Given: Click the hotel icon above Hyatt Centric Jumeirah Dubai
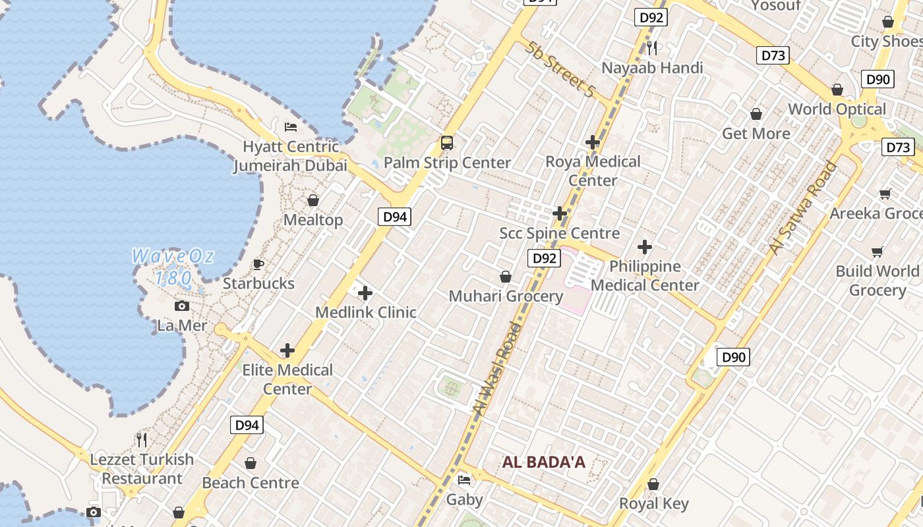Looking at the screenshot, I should (x=291, y=126).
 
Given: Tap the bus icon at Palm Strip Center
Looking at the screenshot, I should (x=447, y=142).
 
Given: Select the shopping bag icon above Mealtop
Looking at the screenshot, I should (x=313, y=200).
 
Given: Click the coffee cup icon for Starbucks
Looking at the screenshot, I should (x=258, y=264).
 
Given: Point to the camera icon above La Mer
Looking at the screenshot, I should (x=182, y=306).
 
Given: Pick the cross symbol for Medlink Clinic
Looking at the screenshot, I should (x=365, y=292).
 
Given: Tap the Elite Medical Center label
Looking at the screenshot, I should (x=287, y=379).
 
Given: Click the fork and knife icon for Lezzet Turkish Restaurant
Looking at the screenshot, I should (x=142, y=439).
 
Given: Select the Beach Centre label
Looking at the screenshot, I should (x=251, y=483).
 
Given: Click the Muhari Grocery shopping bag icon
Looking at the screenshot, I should (x=506, y=277).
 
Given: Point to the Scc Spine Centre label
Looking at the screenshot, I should (x=560, y=233).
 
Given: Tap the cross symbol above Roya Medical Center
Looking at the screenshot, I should (x=593, y=142).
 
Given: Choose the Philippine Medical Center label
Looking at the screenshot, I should (x=645, y=276).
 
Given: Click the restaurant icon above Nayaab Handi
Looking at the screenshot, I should (x=652, y=47).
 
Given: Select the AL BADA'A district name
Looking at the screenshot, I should (x=544, y=462).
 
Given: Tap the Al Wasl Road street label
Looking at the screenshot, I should (x=492, y=369).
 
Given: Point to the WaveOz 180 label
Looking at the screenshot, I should (x=173, y=266).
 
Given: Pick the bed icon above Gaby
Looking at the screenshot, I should (x=464, y=480).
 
